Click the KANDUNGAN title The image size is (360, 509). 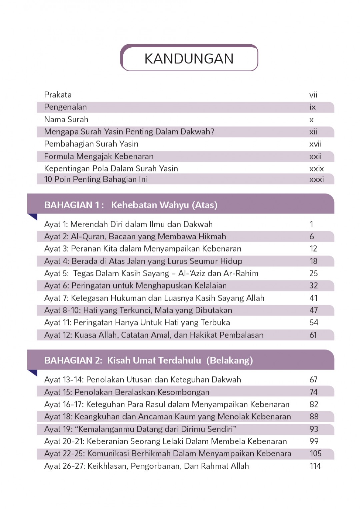coord(189,59)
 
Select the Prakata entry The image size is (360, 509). coord(58,95)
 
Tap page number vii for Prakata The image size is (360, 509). coord(313,95)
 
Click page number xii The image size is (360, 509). coord(313,132)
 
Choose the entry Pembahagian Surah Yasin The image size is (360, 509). coord(91,144)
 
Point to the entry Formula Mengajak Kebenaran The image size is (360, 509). coord(99,156)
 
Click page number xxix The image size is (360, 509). coord(316,169)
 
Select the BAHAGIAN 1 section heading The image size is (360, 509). coord(131,205)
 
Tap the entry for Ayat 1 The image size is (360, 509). coord(128,224)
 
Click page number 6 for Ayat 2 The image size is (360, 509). coord(312,237)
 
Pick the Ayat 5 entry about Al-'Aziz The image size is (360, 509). coord(151,273)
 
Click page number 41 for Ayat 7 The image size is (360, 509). coord(313,298)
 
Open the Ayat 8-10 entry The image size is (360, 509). coord(138,310)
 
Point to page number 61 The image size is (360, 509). coord(313,335)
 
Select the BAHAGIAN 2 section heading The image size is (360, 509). coord(148,360)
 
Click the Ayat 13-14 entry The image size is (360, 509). coord(142,380)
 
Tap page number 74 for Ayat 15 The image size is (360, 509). coord(313,392)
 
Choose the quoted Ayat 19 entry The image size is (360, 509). coord(140,429)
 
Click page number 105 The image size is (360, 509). coord(315,454)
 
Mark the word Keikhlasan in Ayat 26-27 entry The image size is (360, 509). coord(107,466)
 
